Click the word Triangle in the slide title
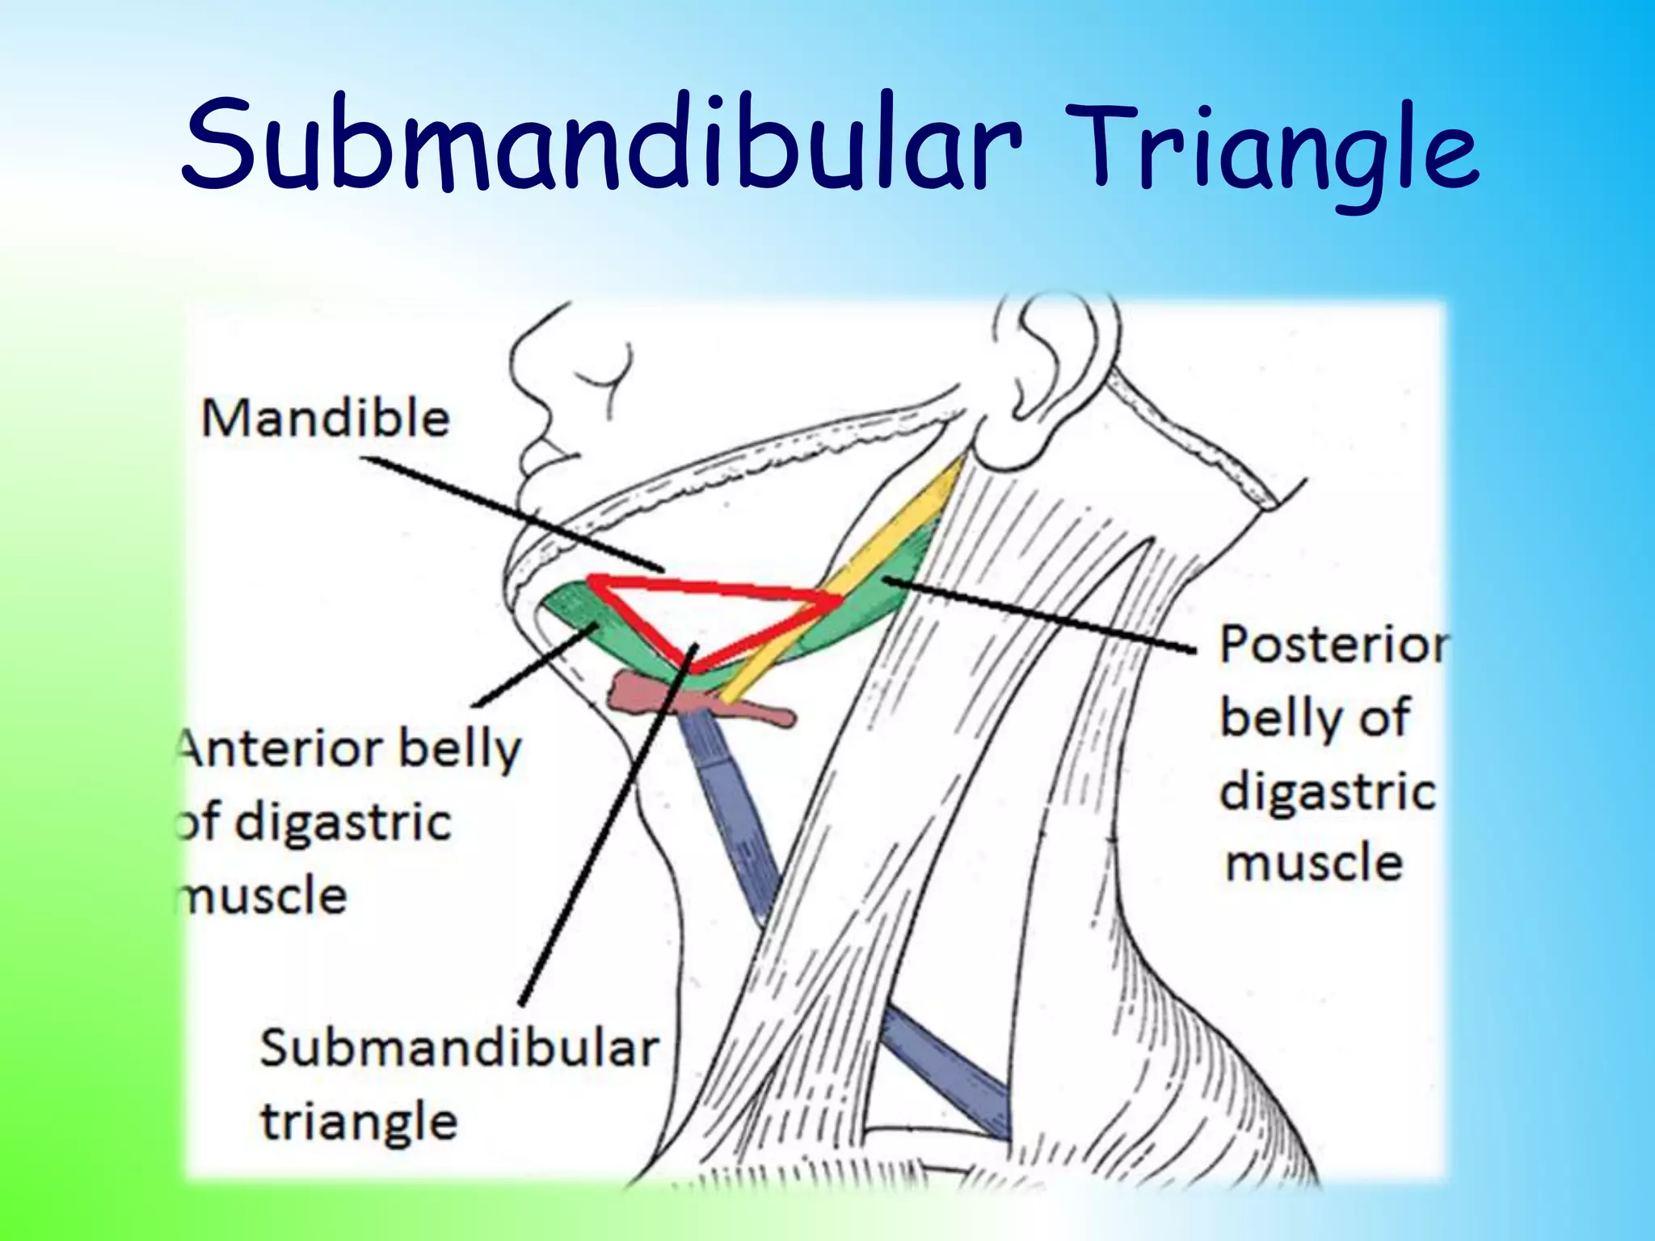point(1277,154)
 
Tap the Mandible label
point(325,419)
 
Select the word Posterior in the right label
point(1333,646)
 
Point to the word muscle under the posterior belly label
point(1314,863)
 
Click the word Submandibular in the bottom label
point(459,1049)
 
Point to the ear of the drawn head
point(1051,355)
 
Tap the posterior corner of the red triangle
point(839,599)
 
